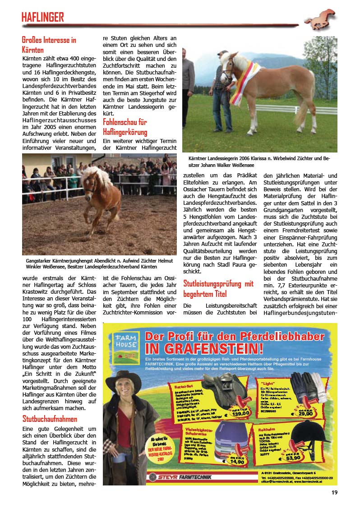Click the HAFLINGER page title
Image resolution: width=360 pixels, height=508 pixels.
43,18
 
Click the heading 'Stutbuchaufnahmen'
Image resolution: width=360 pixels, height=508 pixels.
50,419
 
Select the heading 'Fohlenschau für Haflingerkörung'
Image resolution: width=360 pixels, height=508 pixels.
125,127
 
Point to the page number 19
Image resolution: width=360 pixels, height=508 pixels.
334,493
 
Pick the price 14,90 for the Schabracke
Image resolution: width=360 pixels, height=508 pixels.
237,462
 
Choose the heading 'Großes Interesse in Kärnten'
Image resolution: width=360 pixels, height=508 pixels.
49,45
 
